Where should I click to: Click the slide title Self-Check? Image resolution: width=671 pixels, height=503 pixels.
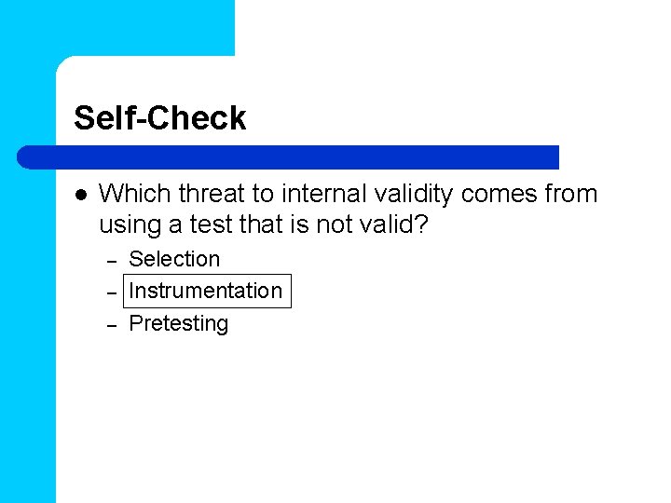pyautogui.click(x=159, y=118)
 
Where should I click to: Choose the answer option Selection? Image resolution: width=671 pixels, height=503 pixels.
pyautogui.click(x=174, y=259)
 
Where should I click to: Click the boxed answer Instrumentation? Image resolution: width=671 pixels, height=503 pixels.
pyautogui.click(x=205, y=291)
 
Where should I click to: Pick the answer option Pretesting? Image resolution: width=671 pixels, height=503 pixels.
pyautogui.click(x=178, y=323)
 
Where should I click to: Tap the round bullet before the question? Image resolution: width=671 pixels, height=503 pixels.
pyautogui.click(x=79, y=195)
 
